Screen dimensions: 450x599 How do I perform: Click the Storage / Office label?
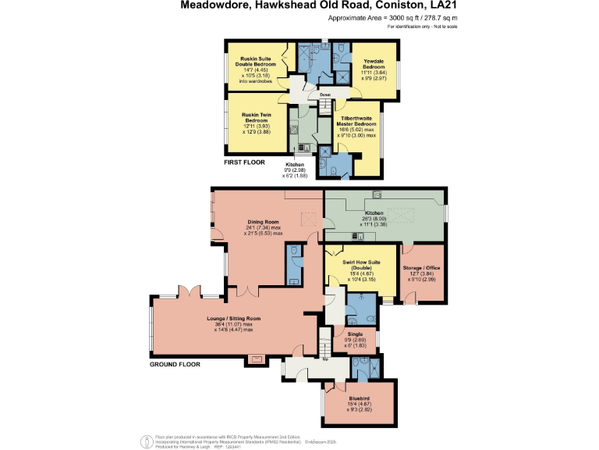point(422,268)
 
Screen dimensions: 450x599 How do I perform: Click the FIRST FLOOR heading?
point(244,162)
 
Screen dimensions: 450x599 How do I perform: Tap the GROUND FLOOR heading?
point(175,364)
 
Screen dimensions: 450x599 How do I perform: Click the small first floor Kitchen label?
point(294,166)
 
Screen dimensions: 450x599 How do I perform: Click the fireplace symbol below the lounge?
point(254,359)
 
